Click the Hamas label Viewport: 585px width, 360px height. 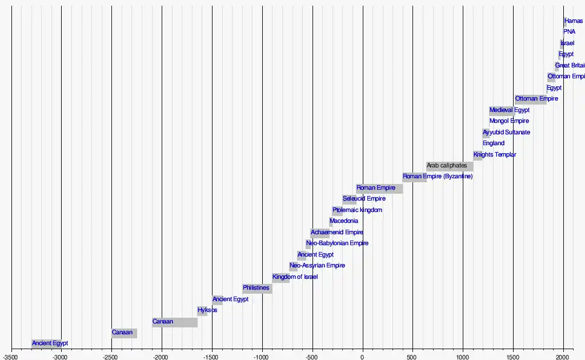[574, 21]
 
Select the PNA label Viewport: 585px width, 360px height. [569, 32]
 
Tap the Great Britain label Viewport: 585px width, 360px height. [570, 66]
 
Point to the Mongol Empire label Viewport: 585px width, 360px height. [509, 121]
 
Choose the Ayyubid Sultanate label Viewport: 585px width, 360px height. [506, 133]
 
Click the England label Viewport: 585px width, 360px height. [494, 143]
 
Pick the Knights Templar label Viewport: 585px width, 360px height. [495, 155]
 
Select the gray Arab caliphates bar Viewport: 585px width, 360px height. [450, 166]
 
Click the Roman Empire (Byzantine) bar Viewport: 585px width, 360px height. [414, 177]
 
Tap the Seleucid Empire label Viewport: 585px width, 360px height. [364, 199]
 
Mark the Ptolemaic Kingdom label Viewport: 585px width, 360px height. [357, 210]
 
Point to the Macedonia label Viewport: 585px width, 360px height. [344, 221]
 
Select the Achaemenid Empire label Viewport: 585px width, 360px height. [337, 233]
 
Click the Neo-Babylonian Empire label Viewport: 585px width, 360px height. [337, 243]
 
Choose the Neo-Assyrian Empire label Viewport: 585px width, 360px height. [317, 266]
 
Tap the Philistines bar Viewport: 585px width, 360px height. [257, 288]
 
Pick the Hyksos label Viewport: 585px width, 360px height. [207, 310]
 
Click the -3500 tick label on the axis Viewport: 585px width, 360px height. [11, 355]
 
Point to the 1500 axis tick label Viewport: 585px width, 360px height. [513, 355]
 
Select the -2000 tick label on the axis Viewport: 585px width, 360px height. [162, 355]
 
